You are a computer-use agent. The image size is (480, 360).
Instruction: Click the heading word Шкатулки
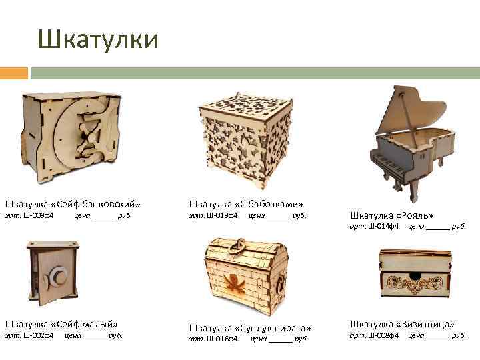[98, 40]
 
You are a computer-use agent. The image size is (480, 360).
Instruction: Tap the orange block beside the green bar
[14, 73]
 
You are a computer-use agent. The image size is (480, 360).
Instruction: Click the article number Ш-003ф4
[38, 215]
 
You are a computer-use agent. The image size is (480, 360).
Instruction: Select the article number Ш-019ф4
[222, 215]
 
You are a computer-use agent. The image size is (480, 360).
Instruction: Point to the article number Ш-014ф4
[383, 226]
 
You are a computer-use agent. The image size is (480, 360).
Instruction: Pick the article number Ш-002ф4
[38, 336]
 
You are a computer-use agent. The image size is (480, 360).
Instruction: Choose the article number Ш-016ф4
[222, 339]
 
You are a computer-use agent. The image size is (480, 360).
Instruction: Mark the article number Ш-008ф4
[383, 336]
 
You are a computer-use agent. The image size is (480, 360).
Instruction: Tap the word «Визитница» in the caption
[425, 324]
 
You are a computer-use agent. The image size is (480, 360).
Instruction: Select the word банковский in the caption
[109, 204]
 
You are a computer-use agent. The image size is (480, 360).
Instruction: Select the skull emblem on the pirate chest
[235, 283]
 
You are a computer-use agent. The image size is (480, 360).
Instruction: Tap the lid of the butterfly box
[247, 106]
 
